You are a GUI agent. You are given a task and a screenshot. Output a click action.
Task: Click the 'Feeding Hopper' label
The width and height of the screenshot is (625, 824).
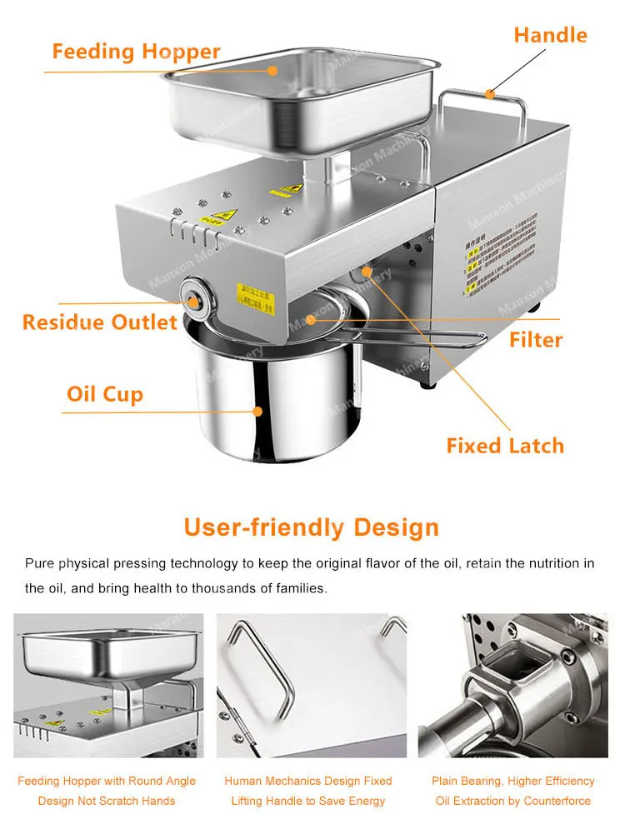(136, 52)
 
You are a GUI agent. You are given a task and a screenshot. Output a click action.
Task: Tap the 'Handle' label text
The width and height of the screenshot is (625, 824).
(550, 35)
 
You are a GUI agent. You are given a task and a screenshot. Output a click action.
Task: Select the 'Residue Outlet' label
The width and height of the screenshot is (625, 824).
(100, 322)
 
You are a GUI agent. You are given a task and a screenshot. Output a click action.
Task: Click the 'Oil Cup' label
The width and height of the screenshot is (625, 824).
(105, 394)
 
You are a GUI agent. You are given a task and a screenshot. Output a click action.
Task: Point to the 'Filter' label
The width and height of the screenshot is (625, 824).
(536, 340)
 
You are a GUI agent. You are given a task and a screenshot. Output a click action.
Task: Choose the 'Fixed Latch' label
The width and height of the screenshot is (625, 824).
(505, 446)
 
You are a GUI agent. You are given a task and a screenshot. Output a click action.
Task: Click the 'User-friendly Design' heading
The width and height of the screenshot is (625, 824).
(312, 527)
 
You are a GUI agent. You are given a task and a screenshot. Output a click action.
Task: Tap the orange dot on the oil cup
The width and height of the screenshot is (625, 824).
(258, 411)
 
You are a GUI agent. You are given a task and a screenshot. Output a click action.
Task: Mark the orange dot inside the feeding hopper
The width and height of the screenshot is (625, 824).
(272, 71)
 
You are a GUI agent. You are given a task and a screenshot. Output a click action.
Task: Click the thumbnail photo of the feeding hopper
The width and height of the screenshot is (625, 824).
(108, 686)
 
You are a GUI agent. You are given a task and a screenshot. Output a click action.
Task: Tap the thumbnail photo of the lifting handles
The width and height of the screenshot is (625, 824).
(312, 686)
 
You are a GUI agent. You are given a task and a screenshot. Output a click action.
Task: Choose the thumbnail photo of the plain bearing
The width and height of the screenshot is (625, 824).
(513, 686)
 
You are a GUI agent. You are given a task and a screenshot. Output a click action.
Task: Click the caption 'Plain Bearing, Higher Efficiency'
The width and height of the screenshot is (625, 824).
(513, 781)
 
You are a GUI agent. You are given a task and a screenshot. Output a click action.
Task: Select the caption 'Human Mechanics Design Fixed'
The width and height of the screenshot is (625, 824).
(308, 781)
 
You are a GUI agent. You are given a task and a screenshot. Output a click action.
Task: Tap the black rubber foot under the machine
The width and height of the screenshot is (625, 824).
(428, 383)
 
